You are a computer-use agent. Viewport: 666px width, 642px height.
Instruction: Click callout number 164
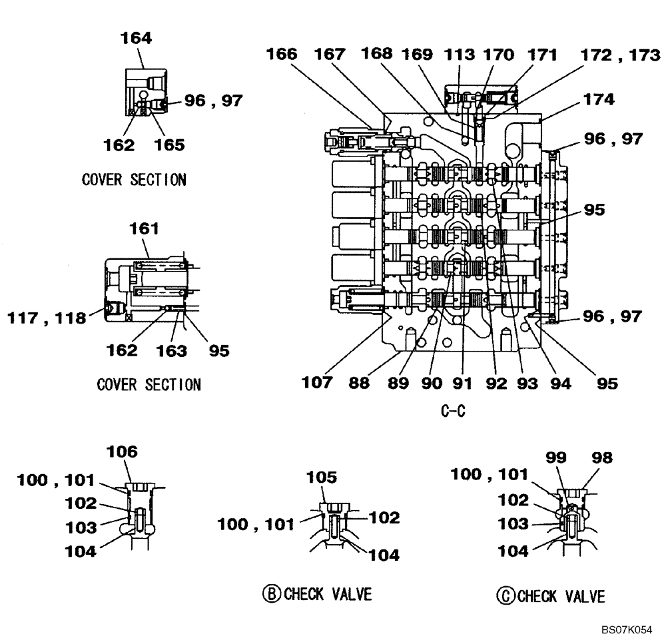136,38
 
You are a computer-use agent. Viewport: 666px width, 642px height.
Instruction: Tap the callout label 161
145,228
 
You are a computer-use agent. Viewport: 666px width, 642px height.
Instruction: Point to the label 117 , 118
47,318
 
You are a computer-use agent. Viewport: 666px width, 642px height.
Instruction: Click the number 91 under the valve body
462,383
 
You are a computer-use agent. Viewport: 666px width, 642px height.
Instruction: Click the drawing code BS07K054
625,630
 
